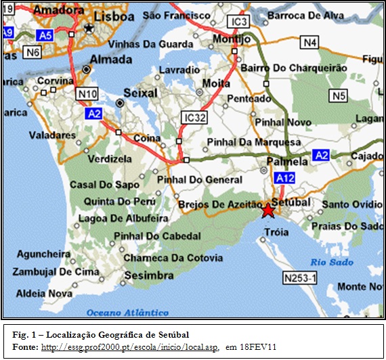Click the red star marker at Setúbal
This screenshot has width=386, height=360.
point(267,210)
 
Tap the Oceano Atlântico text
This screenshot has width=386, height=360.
point(127,313)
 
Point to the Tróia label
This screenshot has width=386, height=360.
point(276,232)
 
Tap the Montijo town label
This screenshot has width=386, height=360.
point(227,39)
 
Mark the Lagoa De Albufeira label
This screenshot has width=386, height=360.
point(123,218)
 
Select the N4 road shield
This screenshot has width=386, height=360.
point(310,43)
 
